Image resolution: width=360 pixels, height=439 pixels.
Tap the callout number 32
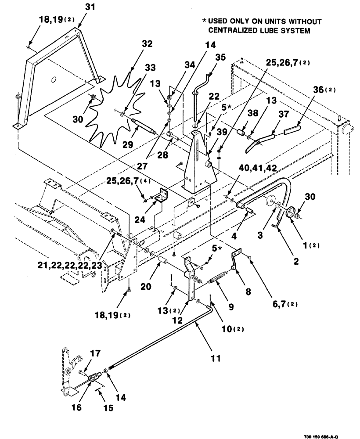147,44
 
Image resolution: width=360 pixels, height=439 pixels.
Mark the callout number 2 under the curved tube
296,262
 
